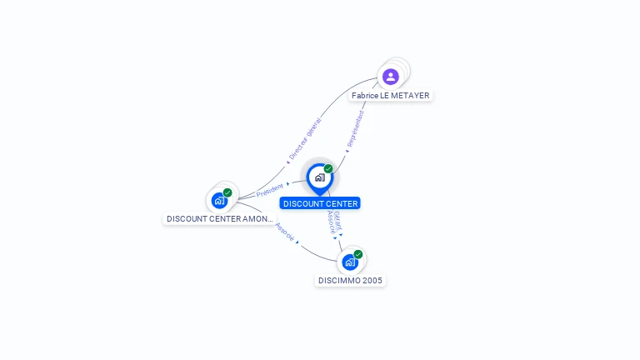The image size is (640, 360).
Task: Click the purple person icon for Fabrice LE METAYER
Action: coord(390,77)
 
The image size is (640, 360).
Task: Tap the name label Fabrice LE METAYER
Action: coord(390,96)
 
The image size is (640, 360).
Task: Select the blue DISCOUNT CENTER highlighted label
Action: coord(320,203)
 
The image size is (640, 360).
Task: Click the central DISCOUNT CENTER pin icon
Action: coord(319,177)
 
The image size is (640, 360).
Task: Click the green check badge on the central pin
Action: coord(328,169)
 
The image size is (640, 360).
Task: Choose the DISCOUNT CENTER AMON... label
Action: coord(219,219)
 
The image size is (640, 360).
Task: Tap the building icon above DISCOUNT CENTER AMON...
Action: coord(219,200)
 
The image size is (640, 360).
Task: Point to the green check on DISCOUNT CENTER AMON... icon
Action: coord(227,192)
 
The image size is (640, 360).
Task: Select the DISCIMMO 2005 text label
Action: coord(350,281)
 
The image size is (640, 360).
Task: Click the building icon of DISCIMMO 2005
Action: coord(350,262)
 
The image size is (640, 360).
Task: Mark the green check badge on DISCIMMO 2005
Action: coord(358,254)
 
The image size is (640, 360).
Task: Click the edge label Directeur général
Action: coord(305,138)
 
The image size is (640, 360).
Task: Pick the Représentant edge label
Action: coord(356,128)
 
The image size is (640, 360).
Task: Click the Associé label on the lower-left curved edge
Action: coord(284,232)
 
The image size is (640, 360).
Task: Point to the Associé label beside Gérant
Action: coord(331,222)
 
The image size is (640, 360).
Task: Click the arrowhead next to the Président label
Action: coord(287,184)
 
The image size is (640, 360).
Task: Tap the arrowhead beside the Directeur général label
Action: coord(288,162)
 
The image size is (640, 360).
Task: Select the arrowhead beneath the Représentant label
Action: coord(347,152)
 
